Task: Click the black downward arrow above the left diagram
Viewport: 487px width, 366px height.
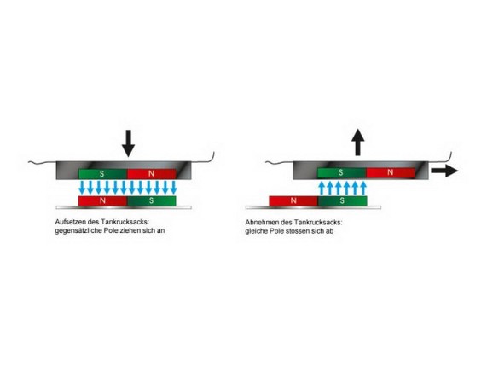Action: click(128, 143)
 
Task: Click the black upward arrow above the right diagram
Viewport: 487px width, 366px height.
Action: click(358, 142)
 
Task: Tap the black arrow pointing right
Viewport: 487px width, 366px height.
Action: click(444, 171)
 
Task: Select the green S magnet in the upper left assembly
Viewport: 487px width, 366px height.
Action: click(103, 174)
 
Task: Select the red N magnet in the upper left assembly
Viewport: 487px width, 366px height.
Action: click(152, 174)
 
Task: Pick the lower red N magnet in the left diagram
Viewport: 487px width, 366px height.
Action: click(103, 200)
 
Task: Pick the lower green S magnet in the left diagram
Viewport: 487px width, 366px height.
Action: click(152, 200)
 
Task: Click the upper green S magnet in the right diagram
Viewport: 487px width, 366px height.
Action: click(342, 172)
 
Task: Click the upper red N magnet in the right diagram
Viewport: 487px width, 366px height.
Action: click(391, 172)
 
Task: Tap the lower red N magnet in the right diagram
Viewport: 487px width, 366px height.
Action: click(293, 200)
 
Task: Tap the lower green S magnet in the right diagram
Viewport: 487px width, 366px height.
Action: click(342, 200)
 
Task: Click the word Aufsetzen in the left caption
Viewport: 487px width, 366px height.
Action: click(69, 222)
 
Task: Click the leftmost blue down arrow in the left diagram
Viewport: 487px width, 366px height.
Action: click(83, 187)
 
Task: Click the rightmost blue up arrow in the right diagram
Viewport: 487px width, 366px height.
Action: click(363, 189)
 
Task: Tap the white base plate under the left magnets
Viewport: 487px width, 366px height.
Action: click(124, 207)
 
